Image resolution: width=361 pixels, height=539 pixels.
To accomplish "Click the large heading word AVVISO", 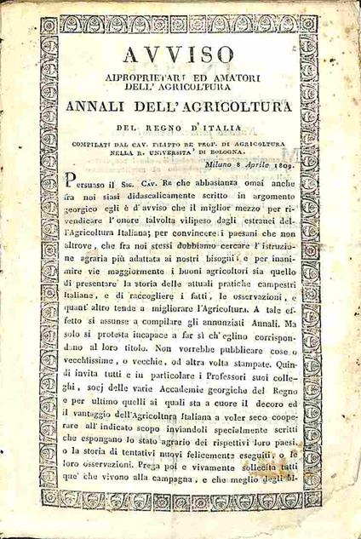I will tap(181, 54).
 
